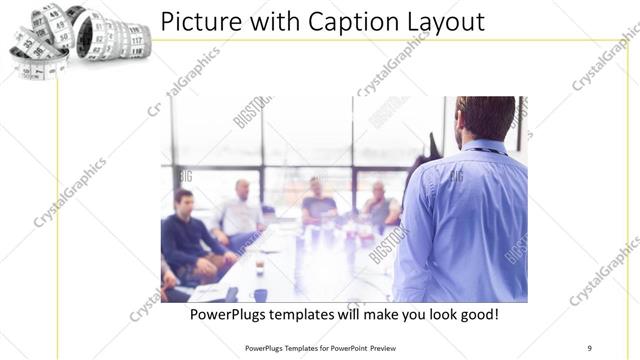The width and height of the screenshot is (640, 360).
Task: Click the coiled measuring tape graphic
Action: [x=78, y=38]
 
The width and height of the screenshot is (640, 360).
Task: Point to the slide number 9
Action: [x=589, y=347]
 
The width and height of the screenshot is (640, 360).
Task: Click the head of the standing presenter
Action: [x=485, y=117]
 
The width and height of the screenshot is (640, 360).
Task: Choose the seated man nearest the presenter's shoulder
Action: [x=379, y=205]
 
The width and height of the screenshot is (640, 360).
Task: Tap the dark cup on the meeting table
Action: [x=259, y=265]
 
